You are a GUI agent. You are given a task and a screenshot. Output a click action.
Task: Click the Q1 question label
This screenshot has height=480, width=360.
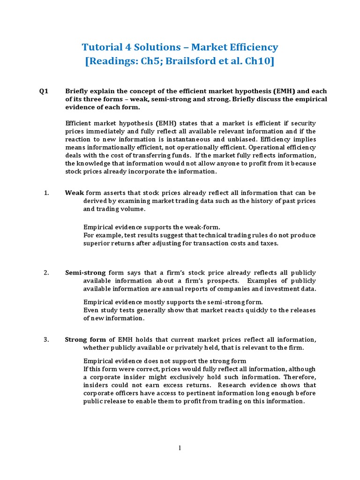pyautogui.click(x=44, y=91)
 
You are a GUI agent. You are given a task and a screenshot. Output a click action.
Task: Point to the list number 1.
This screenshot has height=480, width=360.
pyautogui.click(x=46, y=193)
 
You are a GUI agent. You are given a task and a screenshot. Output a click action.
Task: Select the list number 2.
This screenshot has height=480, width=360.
pyautogui.click(x=46, y=272)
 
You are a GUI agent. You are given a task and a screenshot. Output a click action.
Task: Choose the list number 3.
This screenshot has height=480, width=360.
pyautogui.click(x=46, y=339)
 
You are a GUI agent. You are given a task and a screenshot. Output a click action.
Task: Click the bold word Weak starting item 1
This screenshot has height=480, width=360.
pyautogui.click(x=74, y=193)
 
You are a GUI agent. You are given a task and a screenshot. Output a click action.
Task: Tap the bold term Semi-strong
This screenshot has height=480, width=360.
pyautogui.click(x=85, y=272)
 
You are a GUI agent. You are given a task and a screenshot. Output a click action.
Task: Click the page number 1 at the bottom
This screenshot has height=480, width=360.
pyautogui.click(x=180, y=448)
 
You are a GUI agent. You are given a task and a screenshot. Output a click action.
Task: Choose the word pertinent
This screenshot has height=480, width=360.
pyautogui.click(x=189, y=393)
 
